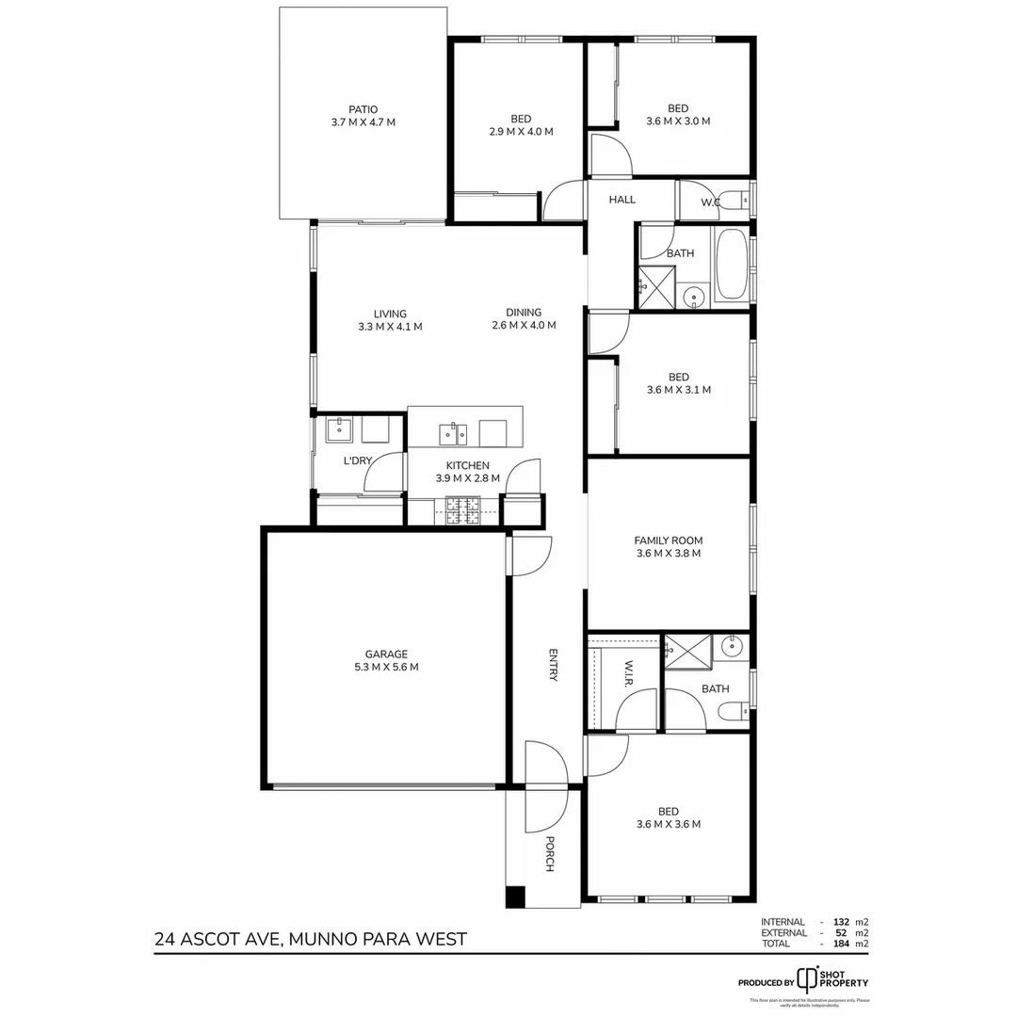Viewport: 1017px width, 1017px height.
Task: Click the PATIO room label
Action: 363,109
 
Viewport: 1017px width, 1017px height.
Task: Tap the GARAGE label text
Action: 386,654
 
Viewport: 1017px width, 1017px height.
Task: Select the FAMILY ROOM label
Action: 668,541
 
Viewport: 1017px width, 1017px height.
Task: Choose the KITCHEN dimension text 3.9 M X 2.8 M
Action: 467,478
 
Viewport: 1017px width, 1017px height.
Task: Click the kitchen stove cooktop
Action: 463,509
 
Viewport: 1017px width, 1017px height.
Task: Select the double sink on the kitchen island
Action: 453,434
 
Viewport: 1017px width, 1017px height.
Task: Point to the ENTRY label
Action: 554,664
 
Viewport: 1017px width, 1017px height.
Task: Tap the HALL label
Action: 622,200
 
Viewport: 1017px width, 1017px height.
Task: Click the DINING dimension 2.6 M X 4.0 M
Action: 524,326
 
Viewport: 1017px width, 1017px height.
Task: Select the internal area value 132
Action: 842,922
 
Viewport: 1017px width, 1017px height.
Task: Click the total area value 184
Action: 842,944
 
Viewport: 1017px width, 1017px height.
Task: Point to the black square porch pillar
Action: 515,897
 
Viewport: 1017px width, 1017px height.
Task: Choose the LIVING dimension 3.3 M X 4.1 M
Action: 390,327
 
